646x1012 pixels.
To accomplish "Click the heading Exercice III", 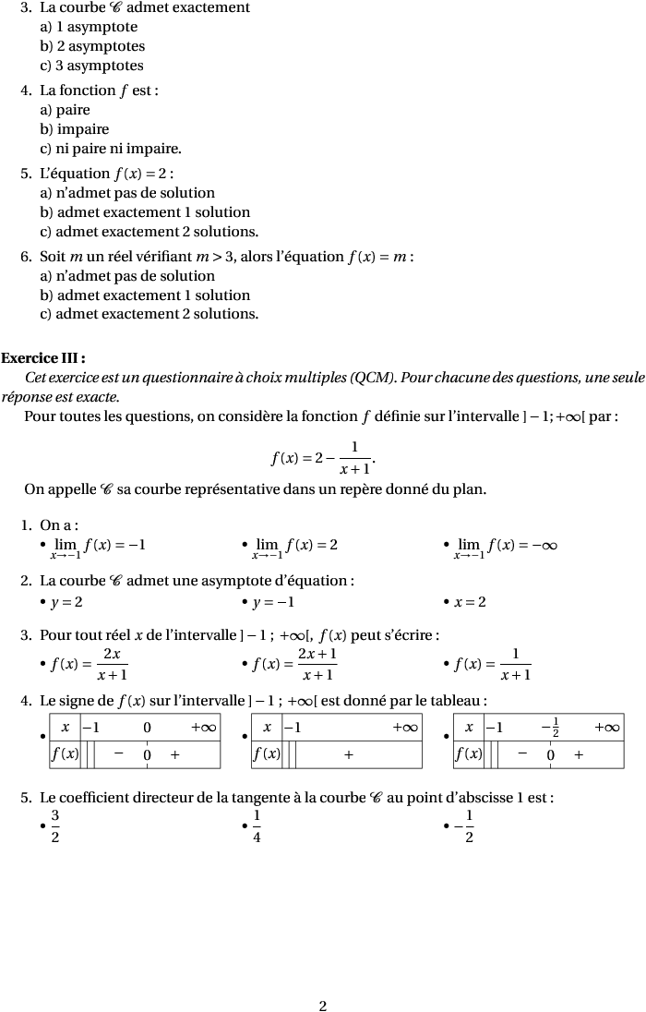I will point(43,358).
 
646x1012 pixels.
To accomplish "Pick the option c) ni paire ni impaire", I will point(110,149).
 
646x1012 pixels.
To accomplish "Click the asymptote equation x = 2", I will point(470,603).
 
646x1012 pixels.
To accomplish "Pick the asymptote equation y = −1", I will point(273,603).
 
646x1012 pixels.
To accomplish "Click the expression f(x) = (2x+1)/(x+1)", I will point(294,664).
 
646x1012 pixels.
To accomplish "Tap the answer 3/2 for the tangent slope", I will point(55,826).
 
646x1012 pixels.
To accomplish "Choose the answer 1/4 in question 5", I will point(257,826).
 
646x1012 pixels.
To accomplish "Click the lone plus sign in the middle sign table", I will point(348,754).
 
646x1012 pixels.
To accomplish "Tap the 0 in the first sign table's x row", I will point(147,728).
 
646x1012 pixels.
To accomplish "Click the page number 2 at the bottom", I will point(323,1006).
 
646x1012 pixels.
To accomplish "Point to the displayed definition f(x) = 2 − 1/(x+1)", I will point(323,458).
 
